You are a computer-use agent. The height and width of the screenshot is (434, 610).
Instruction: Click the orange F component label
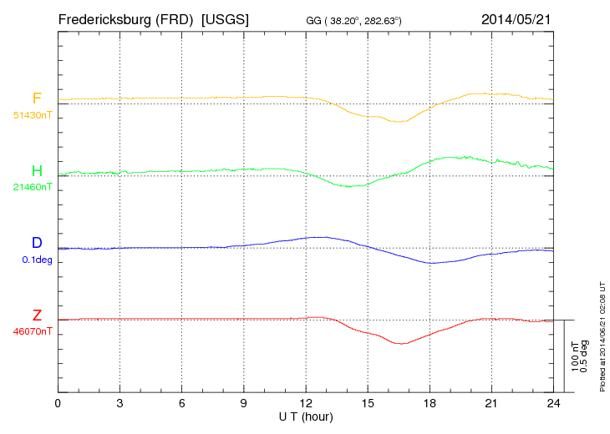coord(37,99)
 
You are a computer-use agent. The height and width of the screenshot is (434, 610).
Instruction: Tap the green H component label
coord(37,171)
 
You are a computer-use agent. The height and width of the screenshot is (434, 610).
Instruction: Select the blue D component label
coord(37,243)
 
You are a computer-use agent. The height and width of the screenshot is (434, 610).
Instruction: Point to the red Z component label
coord(37,315)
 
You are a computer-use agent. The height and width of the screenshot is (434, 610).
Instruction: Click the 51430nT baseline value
coord(33,115)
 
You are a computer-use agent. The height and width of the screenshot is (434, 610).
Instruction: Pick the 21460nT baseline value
coord(33,187)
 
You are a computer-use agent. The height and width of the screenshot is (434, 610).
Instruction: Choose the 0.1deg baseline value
coord(33,260)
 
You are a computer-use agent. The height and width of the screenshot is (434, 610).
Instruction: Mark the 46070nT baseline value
coord(33,331)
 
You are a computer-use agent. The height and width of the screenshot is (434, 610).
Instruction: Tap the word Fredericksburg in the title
coord(105,18)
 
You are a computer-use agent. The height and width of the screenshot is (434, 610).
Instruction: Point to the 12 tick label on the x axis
coord(306,404)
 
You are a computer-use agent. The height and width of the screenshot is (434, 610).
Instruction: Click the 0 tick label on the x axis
coord(58,404)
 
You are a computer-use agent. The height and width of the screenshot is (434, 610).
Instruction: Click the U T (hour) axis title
coord(306,416)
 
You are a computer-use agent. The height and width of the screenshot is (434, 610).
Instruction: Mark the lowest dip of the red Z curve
coord(403,343)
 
